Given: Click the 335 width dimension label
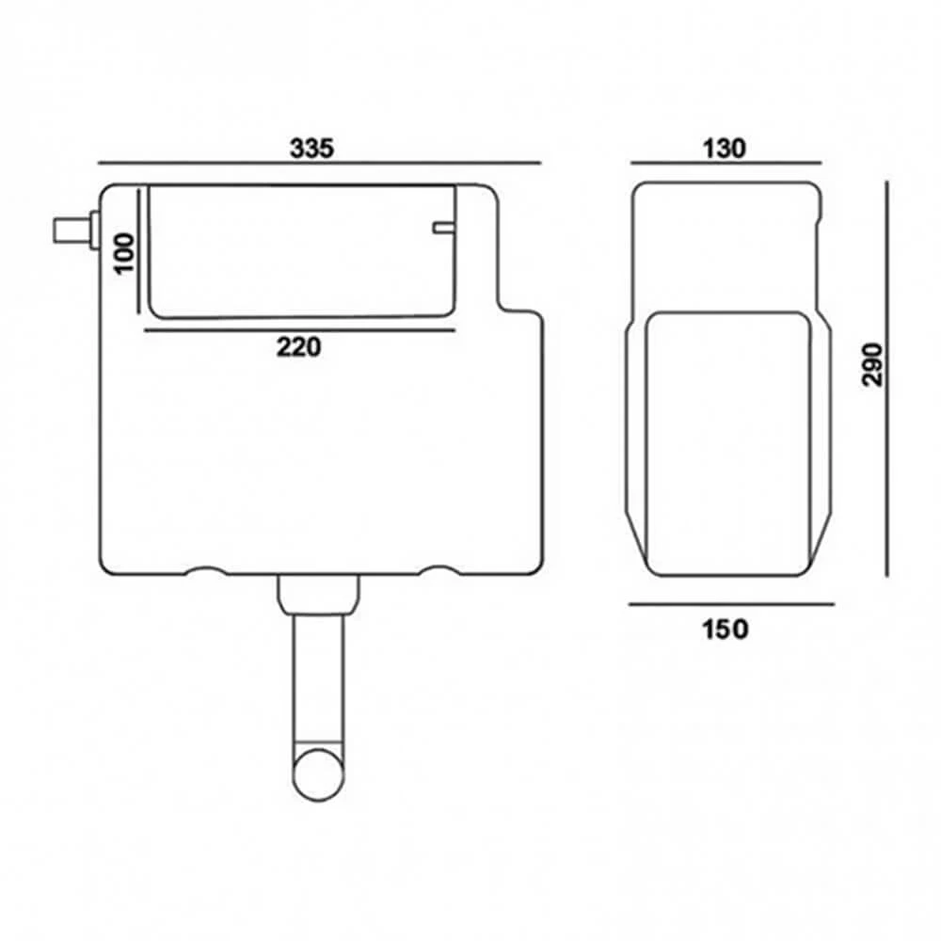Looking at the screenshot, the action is point(311,149).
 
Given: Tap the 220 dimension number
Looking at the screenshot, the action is point(299,347).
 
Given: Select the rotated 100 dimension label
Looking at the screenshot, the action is point(124,253).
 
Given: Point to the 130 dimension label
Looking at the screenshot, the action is point(725,149).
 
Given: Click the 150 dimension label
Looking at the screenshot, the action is point(725,630).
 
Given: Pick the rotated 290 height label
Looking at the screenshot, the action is point(872,365).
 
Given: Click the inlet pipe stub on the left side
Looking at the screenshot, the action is point(74,231).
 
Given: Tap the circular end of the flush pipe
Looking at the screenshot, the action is point(319,774).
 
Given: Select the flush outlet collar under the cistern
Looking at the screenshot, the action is point(318,595).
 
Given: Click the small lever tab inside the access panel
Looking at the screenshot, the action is point(443,228).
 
